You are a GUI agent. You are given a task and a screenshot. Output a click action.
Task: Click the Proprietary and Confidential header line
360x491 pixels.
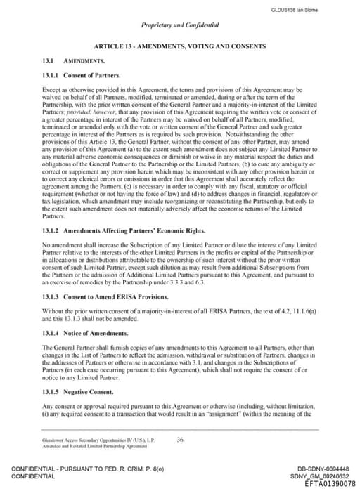pos(179,25)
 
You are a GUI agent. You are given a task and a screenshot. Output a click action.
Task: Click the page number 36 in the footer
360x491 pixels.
pos(180,440)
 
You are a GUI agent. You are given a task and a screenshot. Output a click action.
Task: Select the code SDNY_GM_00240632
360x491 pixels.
pos(322,476)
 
